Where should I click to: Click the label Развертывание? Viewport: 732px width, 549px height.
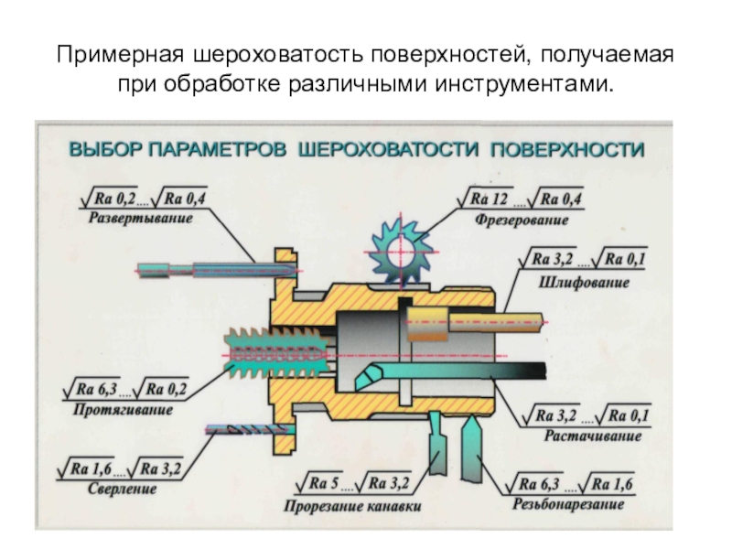pos(141,219)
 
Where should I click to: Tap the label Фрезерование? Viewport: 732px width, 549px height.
pos(522,220)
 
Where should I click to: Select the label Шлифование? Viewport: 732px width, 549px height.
pos(584,283)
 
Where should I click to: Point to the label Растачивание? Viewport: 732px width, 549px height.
pos(593,436)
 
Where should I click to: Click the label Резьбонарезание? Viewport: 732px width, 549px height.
pos(568,504)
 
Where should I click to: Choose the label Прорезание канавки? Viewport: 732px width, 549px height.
pos(352,506)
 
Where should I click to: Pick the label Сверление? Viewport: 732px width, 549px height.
pos(122,489)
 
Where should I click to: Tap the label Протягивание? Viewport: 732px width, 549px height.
pos(123,409)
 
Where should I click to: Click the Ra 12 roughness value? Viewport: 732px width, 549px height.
pos(489,199)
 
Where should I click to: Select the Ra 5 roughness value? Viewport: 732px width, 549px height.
pos(323,483)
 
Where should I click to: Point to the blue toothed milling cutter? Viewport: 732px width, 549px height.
pos(401,253)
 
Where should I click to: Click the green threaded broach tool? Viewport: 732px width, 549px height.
pos(277,354)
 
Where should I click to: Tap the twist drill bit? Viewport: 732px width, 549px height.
pos(251,429)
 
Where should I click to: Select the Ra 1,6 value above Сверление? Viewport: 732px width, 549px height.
pos(91,468)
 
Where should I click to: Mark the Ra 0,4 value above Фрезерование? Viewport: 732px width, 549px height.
pos(561,199)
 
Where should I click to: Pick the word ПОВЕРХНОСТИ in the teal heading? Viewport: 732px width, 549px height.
pos(567,150)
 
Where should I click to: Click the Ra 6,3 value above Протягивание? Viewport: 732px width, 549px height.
pos(97,388)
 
